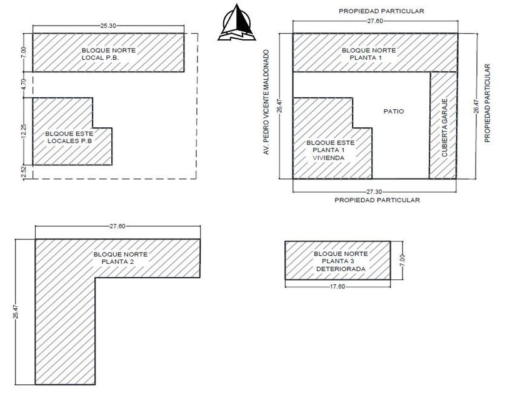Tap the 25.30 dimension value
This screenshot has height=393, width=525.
tap(108, 26)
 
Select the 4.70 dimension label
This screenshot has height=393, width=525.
tap(24, 84)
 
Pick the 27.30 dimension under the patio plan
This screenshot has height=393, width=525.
tap(374, 191)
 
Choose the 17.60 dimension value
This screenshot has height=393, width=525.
tap(337, 286)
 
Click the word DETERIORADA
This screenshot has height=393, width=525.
tap(341, 269)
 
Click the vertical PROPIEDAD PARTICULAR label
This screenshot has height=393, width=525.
tap(487, 103)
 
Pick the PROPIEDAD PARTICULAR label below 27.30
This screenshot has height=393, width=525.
tap(377, 200)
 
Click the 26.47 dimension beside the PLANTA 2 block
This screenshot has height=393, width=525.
tap(15, 312)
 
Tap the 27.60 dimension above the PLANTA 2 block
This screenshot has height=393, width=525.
tap(117, 226)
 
